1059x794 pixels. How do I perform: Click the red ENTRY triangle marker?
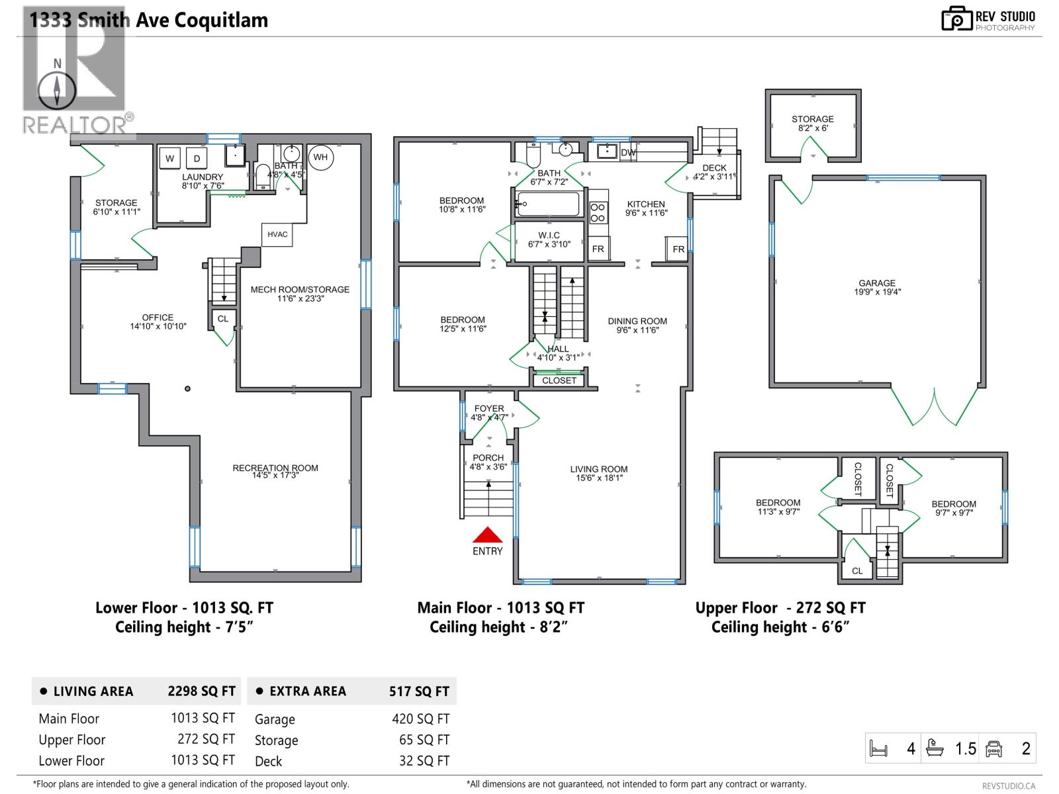[x=487, y=535]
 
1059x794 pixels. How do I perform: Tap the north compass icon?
[x=58, y=90]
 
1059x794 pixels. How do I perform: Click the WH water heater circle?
[x=320, y=157]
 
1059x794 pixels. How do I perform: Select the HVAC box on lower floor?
[x=277, y=234]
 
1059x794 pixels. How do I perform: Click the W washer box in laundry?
[x=170, y=158]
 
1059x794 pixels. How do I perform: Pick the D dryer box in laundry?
[x=197, y=158]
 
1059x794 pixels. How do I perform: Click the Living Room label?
[x=598, y=469]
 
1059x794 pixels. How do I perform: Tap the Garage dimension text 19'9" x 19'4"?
[x=877, y=292]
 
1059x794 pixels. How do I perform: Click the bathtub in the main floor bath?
[x=548, y=204]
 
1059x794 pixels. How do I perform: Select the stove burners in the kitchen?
[x=598, y=212]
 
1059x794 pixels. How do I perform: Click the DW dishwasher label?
[x=627, y=153]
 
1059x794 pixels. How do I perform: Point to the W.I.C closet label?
[x=549, y=235]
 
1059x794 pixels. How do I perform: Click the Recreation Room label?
[x=275, y=468]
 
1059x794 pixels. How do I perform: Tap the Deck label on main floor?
[x=714, y=167]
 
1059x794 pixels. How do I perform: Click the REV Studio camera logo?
[x=956, y=19]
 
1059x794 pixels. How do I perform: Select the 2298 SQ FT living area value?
[x=201, y=691]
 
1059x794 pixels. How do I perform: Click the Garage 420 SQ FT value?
[x=420, y=719]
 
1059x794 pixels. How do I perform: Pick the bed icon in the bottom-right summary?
[x=878, y=749]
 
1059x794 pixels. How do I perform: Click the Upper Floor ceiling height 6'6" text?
[x=780, y=627]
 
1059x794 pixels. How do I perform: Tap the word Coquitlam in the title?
[x=221, y=20]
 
